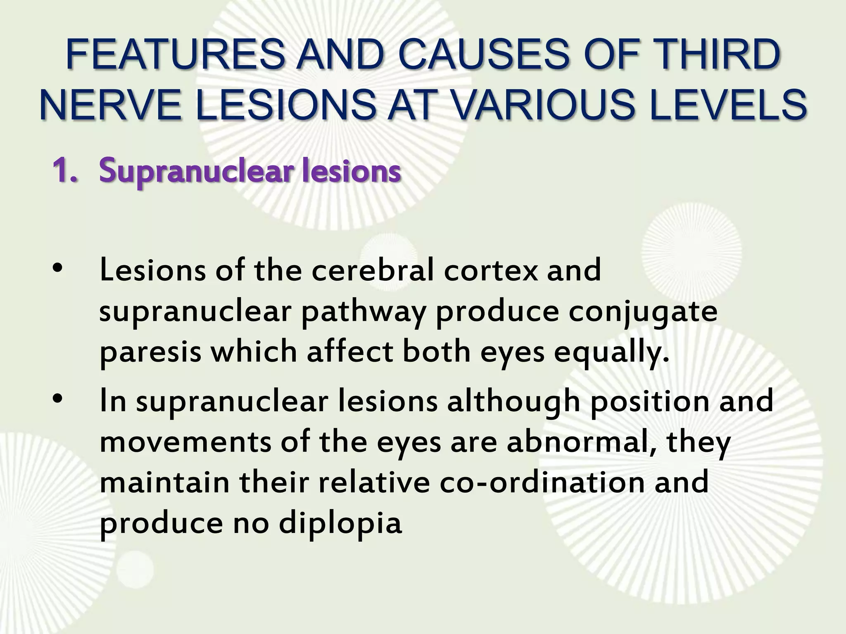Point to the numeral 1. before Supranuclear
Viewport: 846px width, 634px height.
tap(65, 171)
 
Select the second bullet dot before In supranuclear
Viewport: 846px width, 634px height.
tap(57, 399)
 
